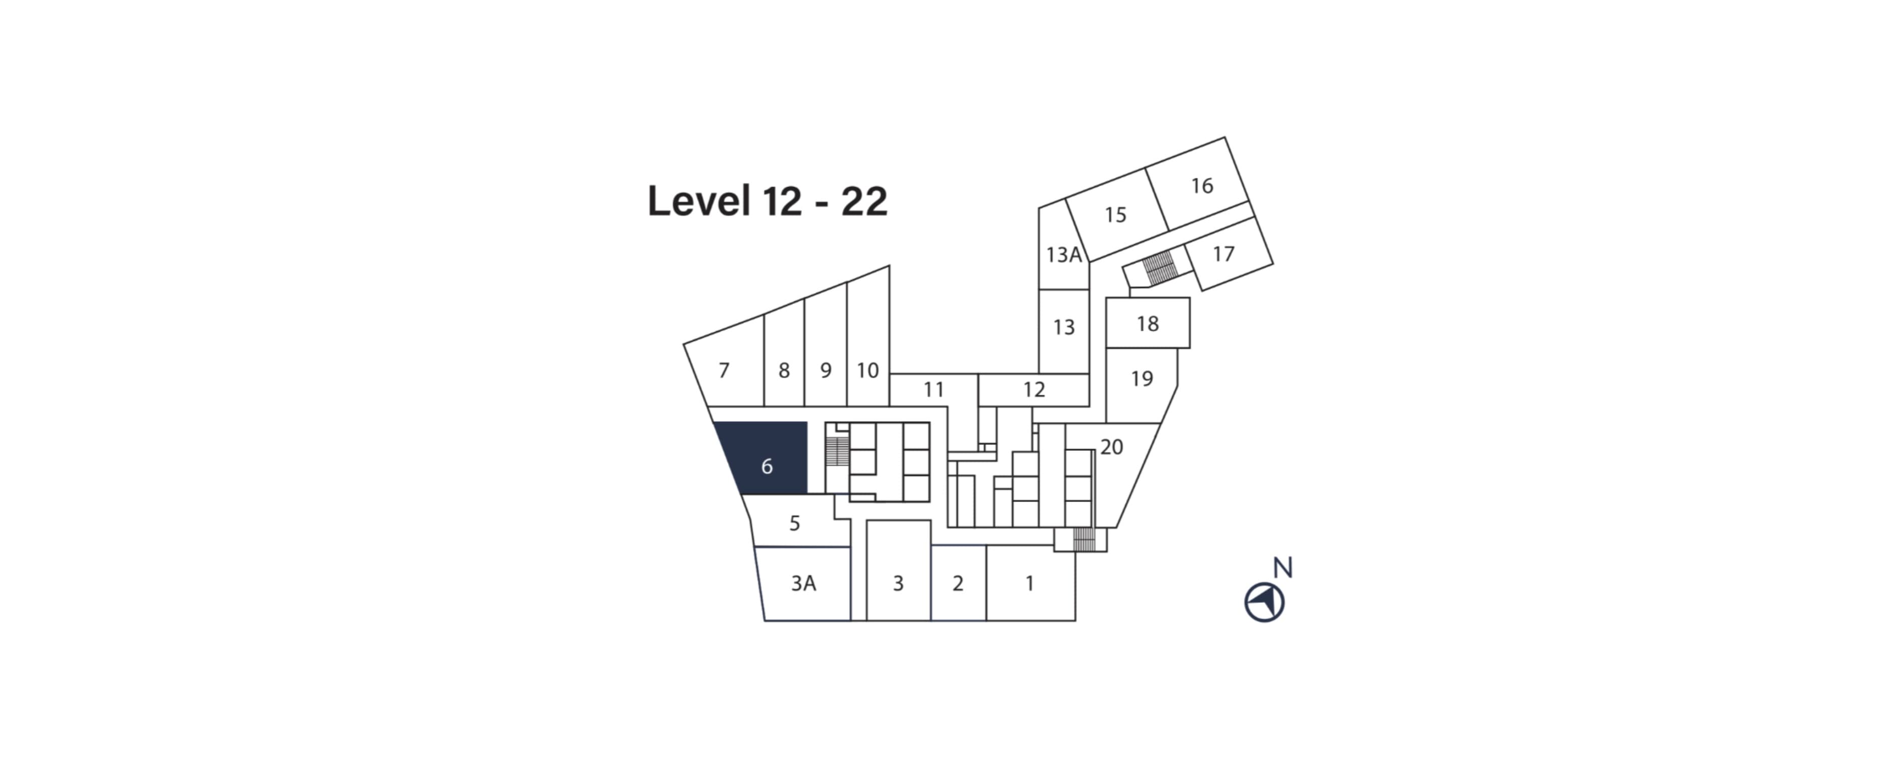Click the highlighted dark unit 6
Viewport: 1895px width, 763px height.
coord(766,465)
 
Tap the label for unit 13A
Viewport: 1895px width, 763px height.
coord(1064,254)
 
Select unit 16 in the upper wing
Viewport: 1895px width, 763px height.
coord(1201,186)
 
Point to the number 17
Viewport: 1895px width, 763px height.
coord(1223,254)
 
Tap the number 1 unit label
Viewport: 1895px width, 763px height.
coord(1030,582)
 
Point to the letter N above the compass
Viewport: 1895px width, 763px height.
coord(1282,568)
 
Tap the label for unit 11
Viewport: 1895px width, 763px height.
coord(933,389)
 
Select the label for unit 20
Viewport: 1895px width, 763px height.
coord(1111,446)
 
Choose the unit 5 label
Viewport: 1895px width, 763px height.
coord(794,523)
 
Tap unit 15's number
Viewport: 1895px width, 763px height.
coord(1115,215)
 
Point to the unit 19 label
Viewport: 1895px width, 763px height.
coord(1141,378)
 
